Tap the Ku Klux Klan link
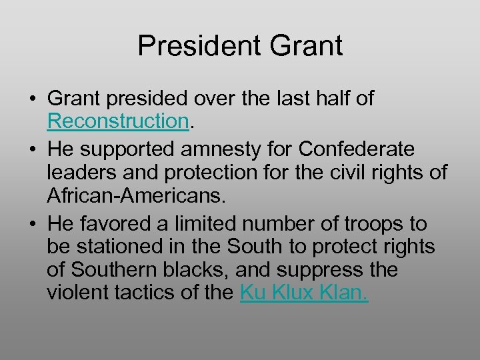(303, 293)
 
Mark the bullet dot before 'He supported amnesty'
(32, 148)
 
